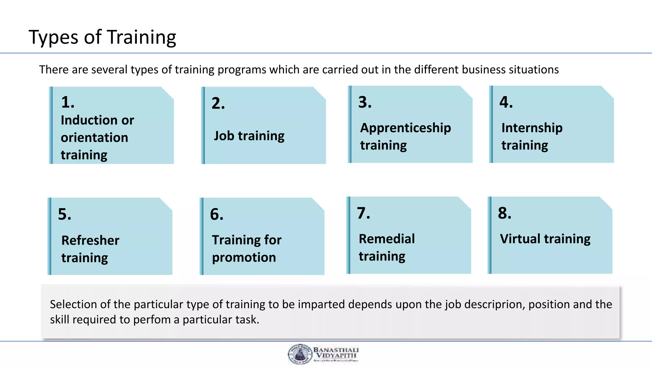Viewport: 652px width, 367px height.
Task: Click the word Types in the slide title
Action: tap(53, 38)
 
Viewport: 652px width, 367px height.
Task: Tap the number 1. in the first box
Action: tap(67, 102)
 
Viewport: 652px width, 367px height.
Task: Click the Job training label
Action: tap(249, 136)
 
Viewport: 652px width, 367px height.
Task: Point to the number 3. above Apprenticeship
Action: tap(365, 102)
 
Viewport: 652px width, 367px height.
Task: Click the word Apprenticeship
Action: tap(405, 128)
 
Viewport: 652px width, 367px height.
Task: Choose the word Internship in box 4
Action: tap(532, 128)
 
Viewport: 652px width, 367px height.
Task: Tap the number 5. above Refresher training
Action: tap(65, 214)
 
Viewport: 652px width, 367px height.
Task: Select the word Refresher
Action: tap(90, 240)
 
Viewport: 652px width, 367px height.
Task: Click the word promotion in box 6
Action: tap(244, 257)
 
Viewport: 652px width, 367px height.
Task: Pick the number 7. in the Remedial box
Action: tap(364, 213)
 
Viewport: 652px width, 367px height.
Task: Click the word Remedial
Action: tap(386, 239)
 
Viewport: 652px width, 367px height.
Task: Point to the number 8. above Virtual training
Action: tap(505, 213)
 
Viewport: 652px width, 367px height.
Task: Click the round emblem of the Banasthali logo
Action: tap(300, 354)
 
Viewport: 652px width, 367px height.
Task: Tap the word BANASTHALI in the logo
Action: tap(336, 350)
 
